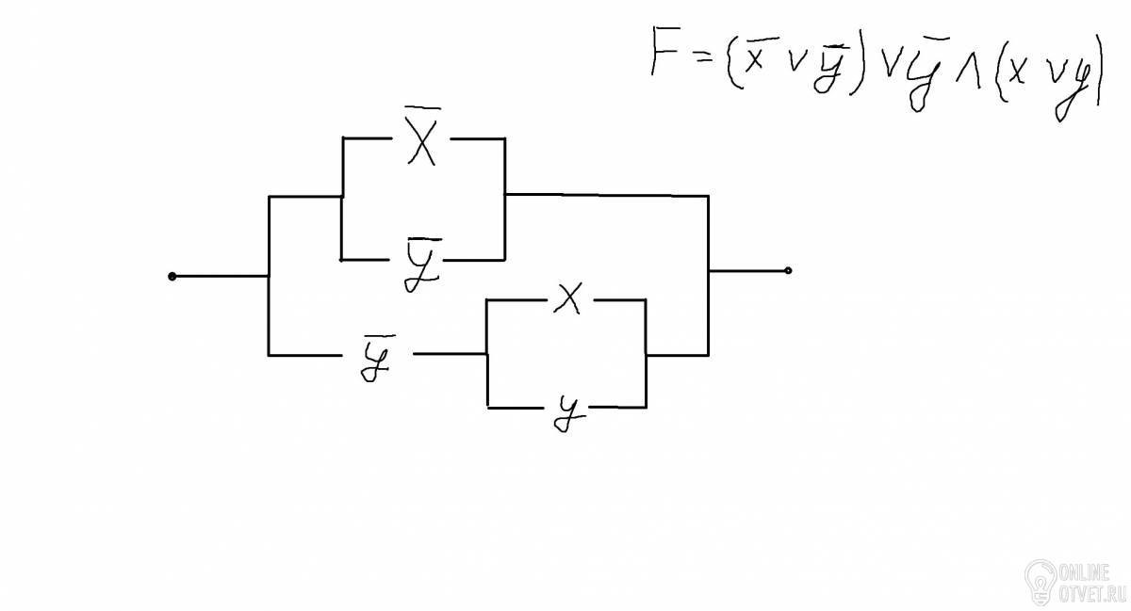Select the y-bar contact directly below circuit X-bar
[x=423, y=265]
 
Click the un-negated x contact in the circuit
[x=567, y=298]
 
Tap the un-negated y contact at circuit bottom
[x=569, y=413]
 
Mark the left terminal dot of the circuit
[x=172, y=276]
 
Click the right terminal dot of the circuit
[x=788, y=271]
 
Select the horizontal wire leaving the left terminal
[x=221, y=276]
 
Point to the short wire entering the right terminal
[x=747, y=271]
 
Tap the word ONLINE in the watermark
[x=1085, y=573]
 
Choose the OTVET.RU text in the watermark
[x=1090, y=595]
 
